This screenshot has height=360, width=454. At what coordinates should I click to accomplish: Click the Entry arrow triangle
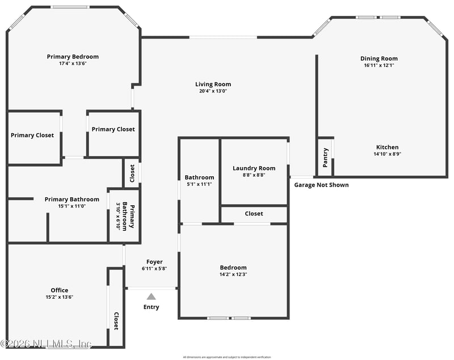point(151,296)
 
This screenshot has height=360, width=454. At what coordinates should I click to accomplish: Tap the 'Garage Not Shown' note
point(321,185)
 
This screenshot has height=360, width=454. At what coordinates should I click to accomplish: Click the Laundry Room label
point(254,168)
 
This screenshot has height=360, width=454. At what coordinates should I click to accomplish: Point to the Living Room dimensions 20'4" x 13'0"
point(213,91)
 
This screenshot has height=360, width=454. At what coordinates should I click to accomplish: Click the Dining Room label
point(379,58)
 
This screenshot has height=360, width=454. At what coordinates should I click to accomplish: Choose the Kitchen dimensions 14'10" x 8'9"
point(387,154)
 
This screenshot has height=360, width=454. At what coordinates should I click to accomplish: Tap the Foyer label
point(154,262)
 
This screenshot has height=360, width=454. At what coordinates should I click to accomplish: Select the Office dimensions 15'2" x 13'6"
point(60,297)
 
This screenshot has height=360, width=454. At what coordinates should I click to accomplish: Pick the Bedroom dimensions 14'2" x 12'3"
point(233,274)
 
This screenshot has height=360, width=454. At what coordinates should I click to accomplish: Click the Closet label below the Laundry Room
point(254,214)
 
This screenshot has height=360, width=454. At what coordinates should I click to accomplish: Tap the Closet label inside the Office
point(116,321)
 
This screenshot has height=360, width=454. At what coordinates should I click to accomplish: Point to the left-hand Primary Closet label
point(32,135)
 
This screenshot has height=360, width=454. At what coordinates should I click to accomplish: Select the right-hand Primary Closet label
point(113,129)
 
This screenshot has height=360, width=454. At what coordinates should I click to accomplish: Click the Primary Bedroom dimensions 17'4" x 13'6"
point(73,63)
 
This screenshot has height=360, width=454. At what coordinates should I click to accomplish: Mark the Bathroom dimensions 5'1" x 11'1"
point(199,184)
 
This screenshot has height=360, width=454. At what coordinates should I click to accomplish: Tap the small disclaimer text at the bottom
point(226,357)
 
